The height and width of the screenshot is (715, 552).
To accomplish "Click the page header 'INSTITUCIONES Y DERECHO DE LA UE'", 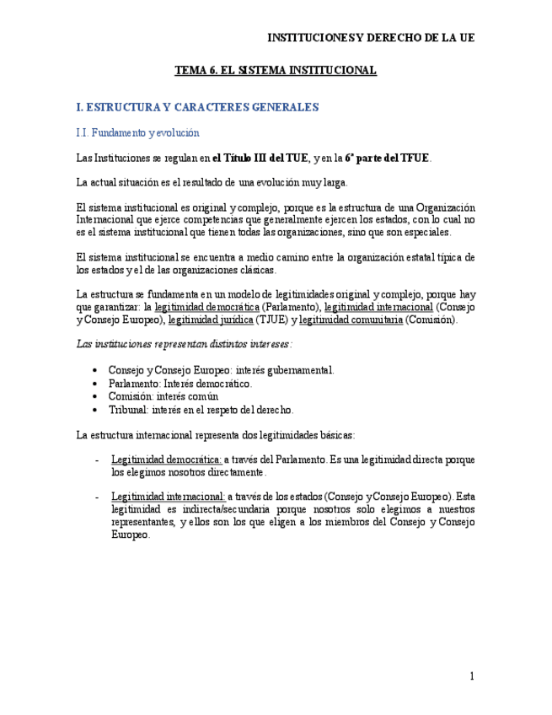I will [x=370, y=38].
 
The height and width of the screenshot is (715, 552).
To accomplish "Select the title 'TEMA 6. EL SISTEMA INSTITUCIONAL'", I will [x=276, y=71].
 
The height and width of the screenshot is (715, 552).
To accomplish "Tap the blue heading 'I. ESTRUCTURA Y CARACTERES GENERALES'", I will [x=197, y=107].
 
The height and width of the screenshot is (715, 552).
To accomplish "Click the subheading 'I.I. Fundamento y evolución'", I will [x=137, y=132].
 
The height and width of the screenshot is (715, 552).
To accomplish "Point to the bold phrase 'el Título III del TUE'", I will [x=260, y=158].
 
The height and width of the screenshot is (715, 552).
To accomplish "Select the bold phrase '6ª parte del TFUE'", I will [x=388, y=158].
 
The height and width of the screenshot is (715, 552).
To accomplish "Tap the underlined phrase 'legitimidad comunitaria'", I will [x=351, y=320].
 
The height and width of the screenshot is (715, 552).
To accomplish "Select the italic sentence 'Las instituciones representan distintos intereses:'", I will [x=184, y=344].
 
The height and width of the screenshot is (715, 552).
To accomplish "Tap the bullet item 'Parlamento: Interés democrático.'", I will [x=180, y=383].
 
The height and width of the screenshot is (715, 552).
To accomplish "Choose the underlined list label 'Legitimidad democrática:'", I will [x=166, y=460].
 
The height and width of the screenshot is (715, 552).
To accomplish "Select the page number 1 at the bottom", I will [x=473, y=676].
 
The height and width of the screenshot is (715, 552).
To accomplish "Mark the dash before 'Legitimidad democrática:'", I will [x=99, y=460].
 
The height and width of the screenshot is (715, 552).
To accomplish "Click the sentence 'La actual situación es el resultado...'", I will [x=211, y=183].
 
